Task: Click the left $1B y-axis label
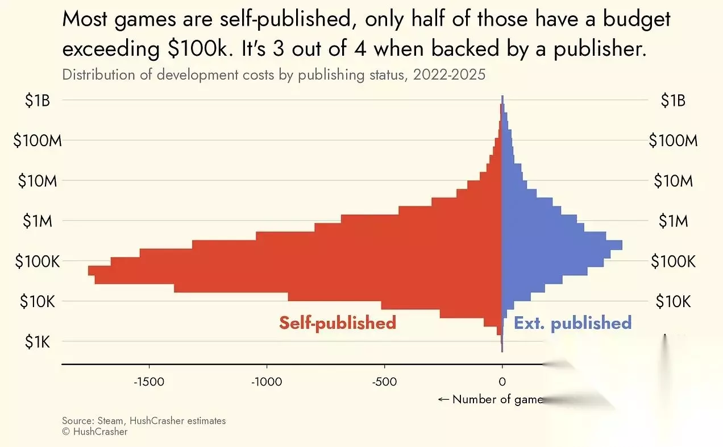click(39, 101)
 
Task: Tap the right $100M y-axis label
click(673, 140)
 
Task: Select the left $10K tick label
click(37, 301)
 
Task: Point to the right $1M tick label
click(673, 221)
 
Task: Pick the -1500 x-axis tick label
click(149, 382)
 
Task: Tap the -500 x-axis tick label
click(384, 382)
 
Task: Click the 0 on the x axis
click(502, 382)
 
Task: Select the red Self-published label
click(337, 323)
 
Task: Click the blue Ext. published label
click(572, 323)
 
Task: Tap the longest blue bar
click(562, 245)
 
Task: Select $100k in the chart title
click(198, 49)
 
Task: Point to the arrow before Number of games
click(443, 399)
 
